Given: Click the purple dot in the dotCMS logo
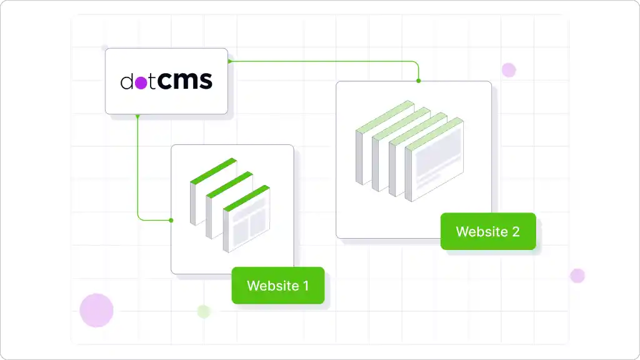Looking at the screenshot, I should (x=141, y=82).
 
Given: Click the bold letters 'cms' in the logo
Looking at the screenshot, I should (x=184, y=81).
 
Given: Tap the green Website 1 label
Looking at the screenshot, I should (x=277, y=286).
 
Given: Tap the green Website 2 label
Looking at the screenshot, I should (x=487, y=231).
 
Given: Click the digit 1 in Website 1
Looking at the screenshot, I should (x=306, y=286).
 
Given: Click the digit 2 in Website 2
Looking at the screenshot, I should (x=515, y=231).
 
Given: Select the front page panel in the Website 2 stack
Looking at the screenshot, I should (x=436, y=166).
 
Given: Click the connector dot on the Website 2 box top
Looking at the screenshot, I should (x=418, y=81).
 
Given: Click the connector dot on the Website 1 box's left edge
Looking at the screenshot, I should (x=171, y=220).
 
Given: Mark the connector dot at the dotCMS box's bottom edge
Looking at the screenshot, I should (x=137, y=116).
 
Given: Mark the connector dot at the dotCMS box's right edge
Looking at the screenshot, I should (x=229, y=61).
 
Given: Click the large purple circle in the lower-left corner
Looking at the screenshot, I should (x=96, y=310).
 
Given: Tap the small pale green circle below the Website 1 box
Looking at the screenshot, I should (x=203, y=311).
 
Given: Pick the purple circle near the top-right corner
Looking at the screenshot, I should (x=509, y=69).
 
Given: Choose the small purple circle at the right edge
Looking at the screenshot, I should (x=577, y=276).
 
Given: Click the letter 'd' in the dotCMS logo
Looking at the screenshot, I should (x=127, y=82).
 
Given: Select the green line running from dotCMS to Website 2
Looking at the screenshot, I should (x=325, y=61).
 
